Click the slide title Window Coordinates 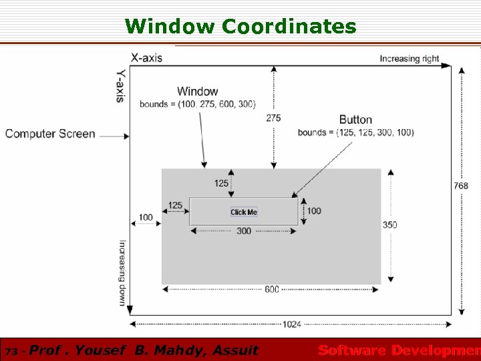pos(240,26)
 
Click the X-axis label pos(146,57)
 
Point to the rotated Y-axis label pos(120,86)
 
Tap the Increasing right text pos(410,59)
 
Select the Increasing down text pos(122,273)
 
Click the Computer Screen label pos(50,134)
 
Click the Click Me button pos(244,212)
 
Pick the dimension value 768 pos(461,185)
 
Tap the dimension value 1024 pos(291,324)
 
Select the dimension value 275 pos(273,118)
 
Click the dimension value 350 pos(389,225)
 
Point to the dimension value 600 pos(272,289)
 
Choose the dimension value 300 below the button pos(244,231)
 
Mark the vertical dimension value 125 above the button pos(221,183)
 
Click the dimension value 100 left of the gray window pos(146,217)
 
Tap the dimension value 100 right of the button pos(314,211)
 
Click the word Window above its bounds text pos(197,92)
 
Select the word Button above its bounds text pos(355,120)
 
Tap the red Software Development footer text pos(399,350)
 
